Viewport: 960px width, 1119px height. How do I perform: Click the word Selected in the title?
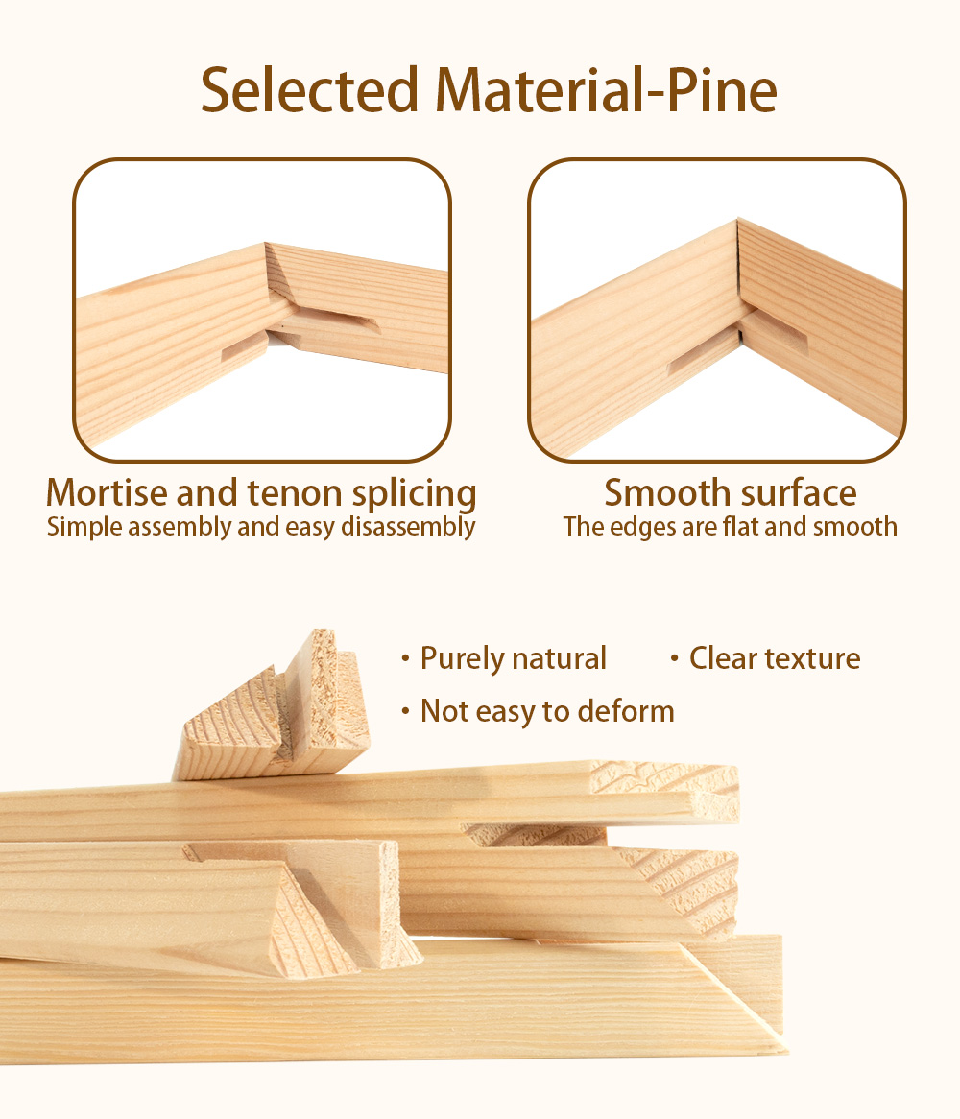(x=309, y=90)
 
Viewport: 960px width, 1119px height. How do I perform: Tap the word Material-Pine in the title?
(x=606, y=90)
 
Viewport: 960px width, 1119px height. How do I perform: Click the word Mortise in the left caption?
(x=107, y=493)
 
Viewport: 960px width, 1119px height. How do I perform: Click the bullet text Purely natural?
(x=514, y=658)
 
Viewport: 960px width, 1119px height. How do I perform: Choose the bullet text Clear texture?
(x=775, y=658)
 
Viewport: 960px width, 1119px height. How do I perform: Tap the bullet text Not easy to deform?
(x=547, y=711)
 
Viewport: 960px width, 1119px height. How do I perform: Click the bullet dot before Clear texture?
(x=674, y=658)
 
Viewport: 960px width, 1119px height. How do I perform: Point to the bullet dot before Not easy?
(x=405, y=711)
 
